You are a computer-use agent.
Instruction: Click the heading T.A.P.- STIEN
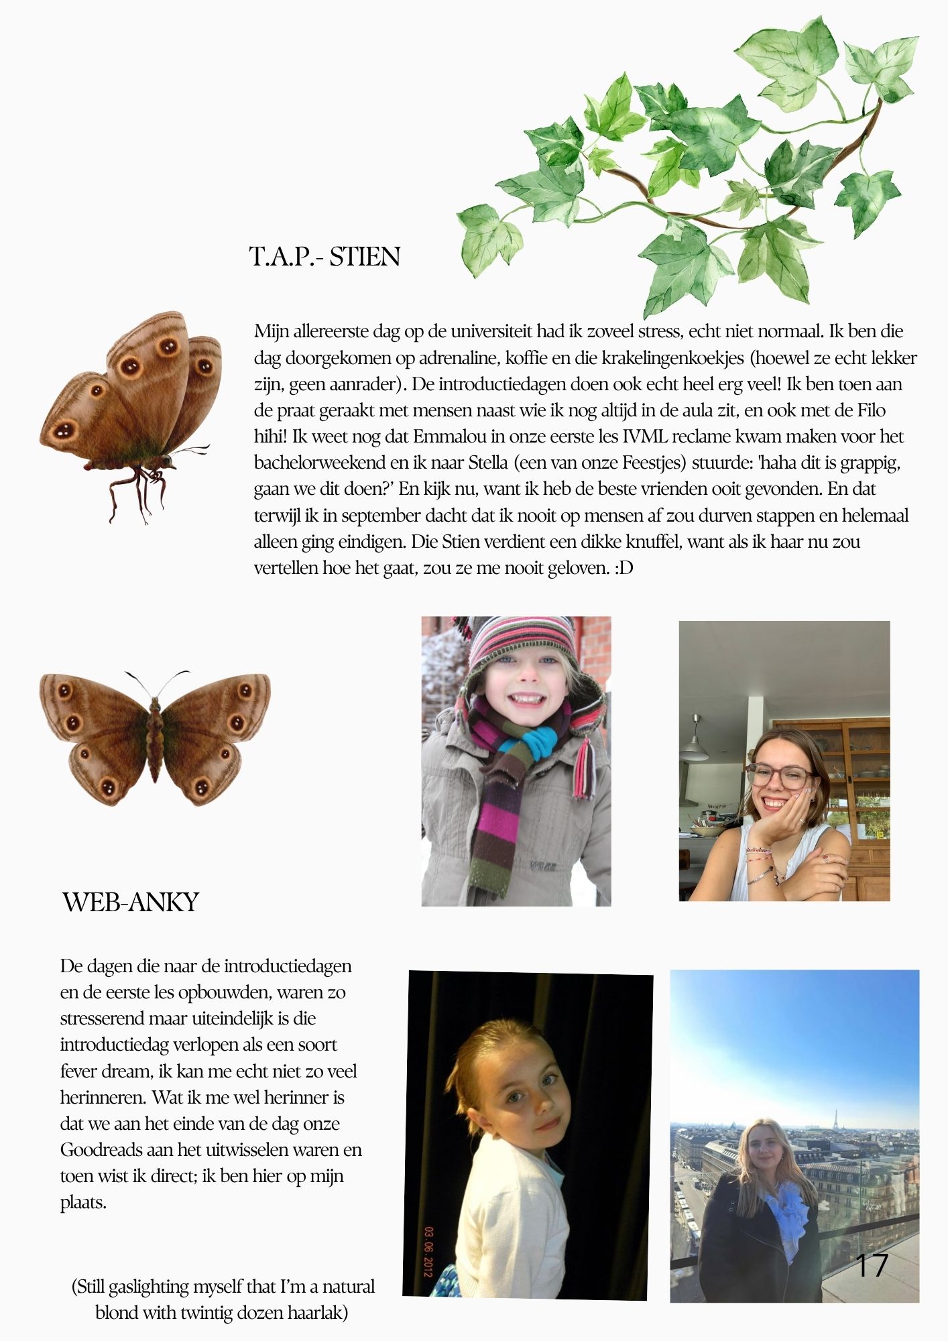[x=324, y=257]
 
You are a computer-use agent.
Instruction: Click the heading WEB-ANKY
[x=131, y=902]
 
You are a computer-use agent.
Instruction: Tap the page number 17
[x=872, y=1265]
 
